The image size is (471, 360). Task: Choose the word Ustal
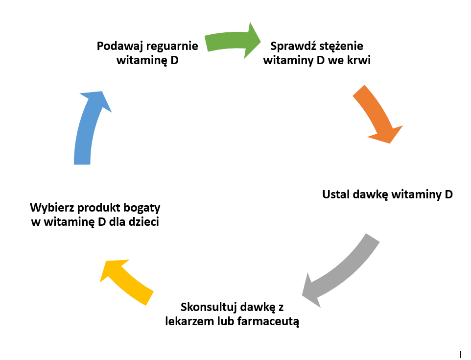coord(337,194)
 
